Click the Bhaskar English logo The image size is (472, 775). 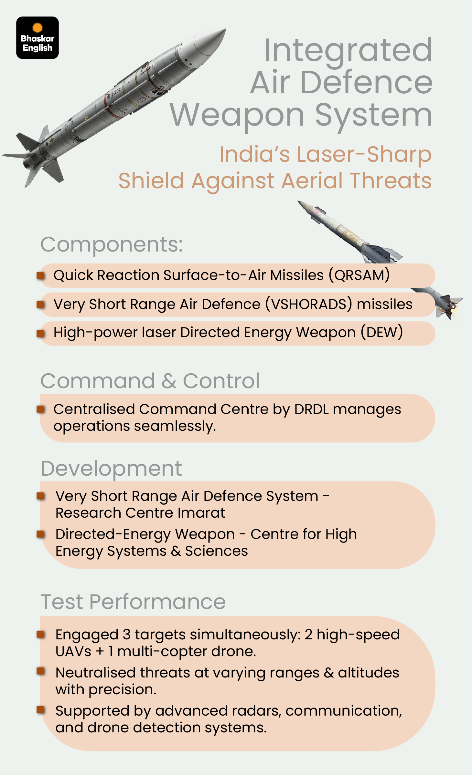click(x=38, y=38)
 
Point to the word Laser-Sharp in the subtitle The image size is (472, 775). click(x=364, y=155)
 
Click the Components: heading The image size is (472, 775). click(x=112, y=244)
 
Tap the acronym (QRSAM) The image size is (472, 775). click(x=359, y=275)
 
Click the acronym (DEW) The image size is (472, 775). click(x=382, y=333)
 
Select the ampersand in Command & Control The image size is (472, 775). click(x=169, y=381)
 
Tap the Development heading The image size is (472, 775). click(x=111, y=469)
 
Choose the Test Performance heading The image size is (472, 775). click(x=133, y=602)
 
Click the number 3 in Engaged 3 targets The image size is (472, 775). click(x=127, y=635)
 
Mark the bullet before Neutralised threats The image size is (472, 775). click(x=40, y=671)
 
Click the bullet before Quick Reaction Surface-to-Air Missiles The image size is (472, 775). click(x=40, y=275)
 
